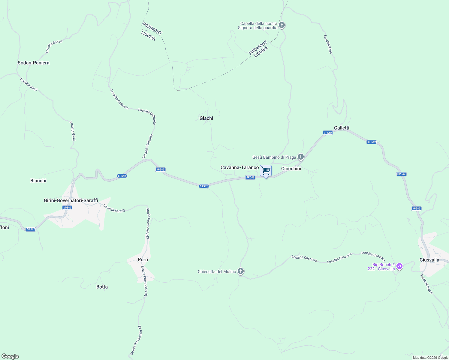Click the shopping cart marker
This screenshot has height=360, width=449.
tap(266, 171)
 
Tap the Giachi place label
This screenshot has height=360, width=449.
tap(206, 118)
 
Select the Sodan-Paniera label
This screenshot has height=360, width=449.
tap(34, 63)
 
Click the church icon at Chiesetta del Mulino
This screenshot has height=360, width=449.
tap(240, 271)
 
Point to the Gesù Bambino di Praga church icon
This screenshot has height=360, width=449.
tap(301, 157)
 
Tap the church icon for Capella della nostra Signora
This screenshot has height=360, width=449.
tap(282, 25)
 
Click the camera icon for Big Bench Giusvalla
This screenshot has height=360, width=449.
tap(399, 266)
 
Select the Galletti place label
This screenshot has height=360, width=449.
tap(342, 128)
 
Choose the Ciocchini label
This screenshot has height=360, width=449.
tap(291, 169)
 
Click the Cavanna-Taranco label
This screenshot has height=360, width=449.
tap(240, 167)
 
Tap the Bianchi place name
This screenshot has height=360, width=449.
tap(38, 181)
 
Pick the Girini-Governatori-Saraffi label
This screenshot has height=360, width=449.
tap(71, 200)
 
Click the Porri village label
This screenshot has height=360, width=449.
tap(143, 259)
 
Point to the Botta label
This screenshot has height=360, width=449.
tap(102, 287)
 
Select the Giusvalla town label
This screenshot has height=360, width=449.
tap(429, 260)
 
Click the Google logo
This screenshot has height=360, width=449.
tap(10, 356)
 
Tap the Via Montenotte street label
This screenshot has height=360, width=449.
tap(426, 284)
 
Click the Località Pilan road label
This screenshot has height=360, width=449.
tap(328, 44)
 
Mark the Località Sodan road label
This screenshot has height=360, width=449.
tap(54, 46)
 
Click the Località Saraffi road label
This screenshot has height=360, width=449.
tap(114, 208)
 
